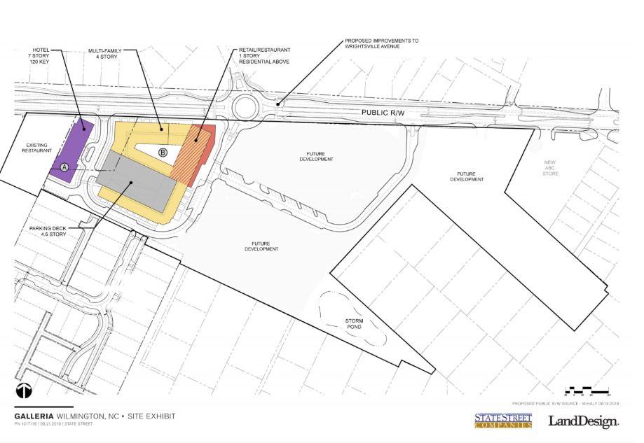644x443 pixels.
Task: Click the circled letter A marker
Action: click(x=64, y=167)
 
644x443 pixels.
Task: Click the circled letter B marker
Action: click(x=163, y=152)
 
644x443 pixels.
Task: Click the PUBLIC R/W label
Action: click(x=383, y=112)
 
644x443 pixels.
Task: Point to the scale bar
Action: click(x=587, y=389)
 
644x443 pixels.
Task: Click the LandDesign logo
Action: click(x=582, y=421)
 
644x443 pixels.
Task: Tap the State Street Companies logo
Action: click(x=503, y=421)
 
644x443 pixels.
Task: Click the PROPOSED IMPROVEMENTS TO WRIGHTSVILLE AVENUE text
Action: click(x=381, y=45)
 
